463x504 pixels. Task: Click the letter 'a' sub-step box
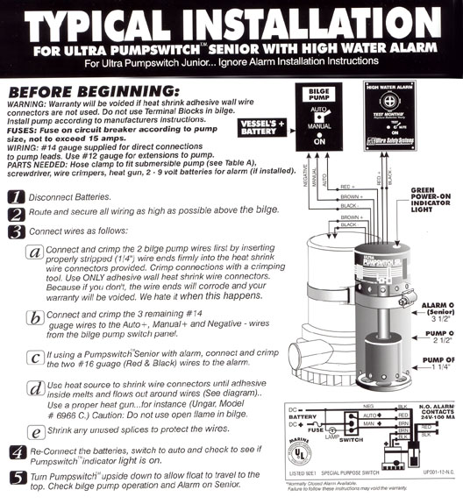[34, 252]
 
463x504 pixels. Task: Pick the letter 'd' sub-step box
[34, 387]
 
